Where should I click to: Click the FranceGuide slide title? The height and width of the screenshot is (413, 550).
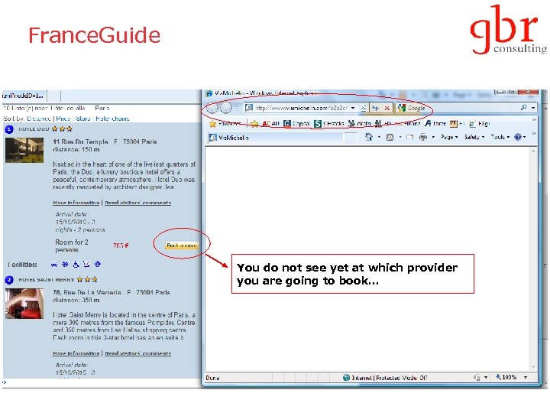(x=94, y=35)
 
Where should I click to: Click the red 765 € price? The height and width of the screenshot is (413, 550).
(x=121, y=246)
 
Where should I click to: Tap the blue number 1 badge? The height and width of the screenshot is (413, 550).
(x=9, y=129)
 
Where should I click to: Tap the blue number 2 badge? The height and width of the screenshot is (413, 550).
(x=9, y=280)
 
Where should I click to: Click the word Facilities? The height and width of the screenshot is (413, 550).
(x=23, y=265)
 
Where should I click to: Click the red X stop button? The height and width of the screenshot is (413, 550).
(x=387, y=108)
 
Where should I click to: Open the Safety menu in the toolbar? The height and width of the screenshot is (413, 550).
(x=474, y=137)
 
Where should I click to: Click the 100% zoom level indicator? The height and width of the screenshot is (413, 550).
(x=509, y=377)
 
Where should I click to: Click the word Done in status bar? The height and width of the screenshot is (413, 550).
(x=213, y=378)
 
